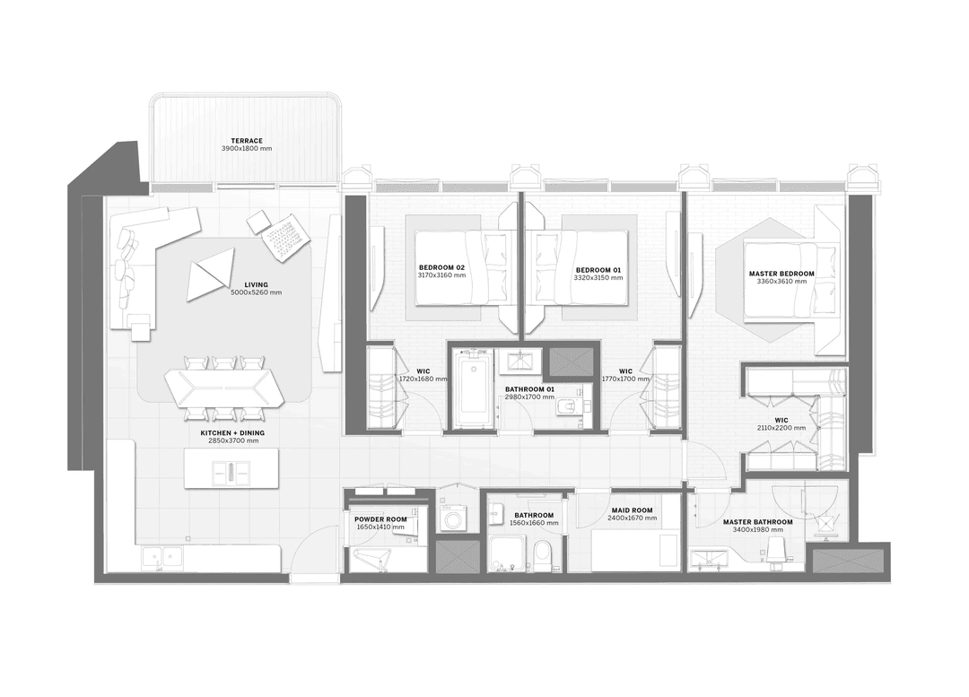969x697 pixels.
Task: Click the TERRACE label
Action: point(247,141)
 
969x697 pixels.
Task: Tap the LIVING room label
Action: point(256,285)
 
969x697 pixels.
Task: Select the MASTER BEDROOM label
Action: point(781,274)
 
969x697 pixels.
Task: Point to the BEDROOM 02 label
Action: point(441,267)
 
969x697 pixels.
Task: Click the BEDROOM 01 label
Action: point(598,270)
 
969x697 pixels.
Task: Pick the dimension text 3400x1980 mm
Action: point(757,529)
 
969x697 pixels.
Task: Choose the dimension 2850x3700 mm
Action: point(233,440)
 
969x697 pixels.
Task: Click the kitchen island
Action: point(231,467)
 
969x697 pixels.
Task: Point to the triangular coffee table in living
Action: point(210,275)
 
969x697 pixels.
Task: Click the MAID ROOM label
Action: point(633,510)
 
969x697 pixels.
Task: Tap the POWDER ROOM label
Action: point(380,519)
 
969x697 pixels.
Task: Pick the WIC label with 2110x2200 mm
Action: point(781,420)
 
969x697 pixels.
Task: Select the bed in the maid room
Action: point(635,551)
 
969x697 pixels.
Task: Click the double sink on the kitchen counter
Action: point(162,558)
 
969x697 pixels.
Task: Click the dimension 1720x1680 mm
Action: point(423,379)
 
